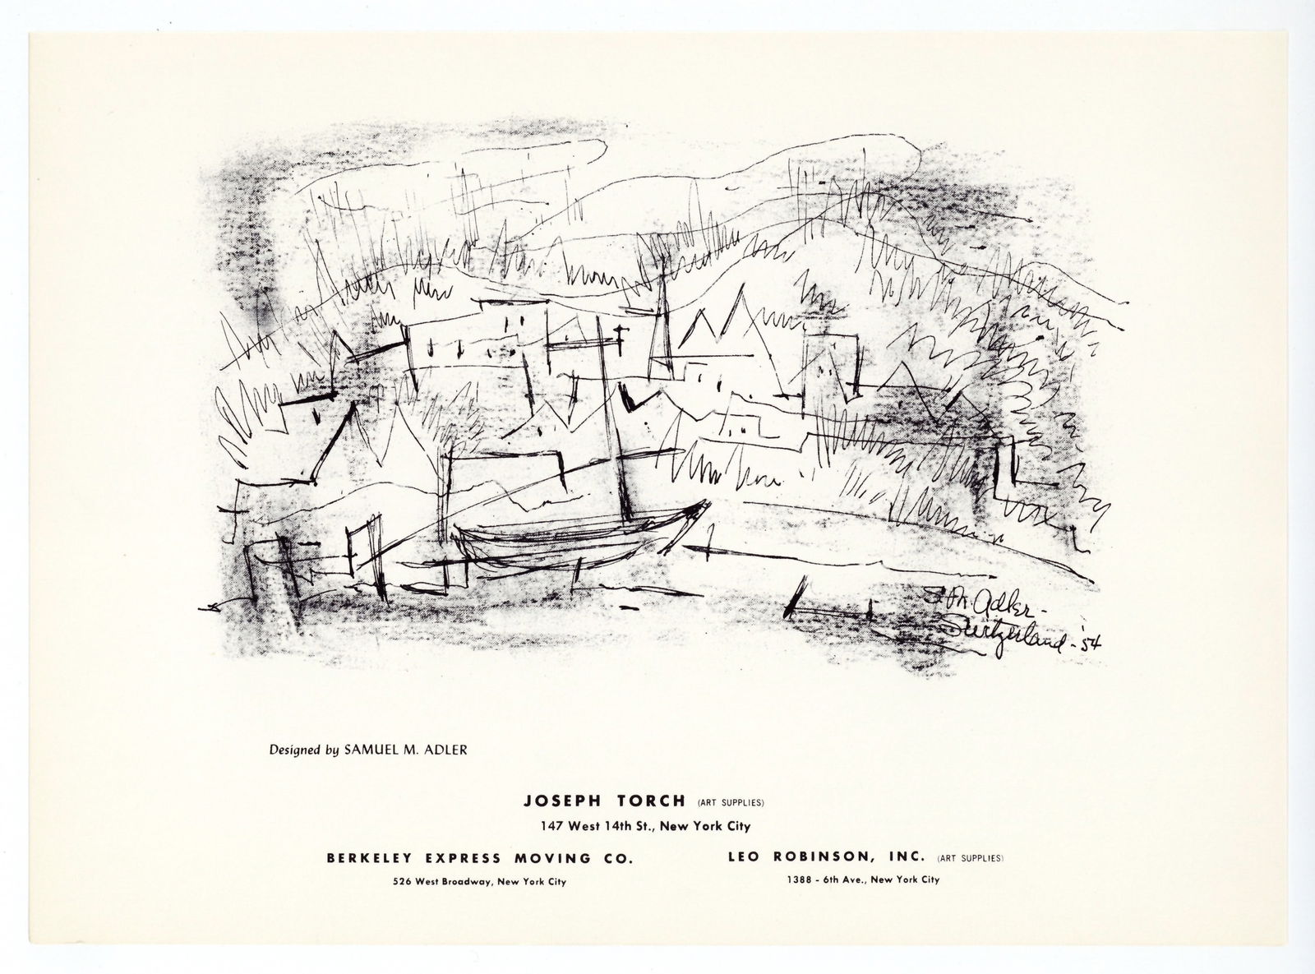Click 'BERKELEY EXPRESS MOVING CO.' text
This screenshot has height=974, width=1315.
(x=479, y=858)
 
